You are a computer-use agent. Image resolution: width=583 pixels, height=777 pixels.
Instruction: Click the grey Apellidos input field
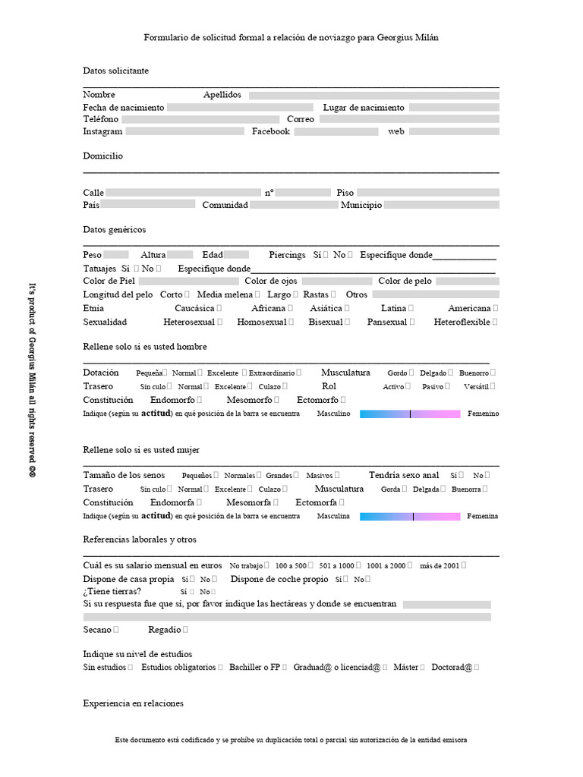(373, 96)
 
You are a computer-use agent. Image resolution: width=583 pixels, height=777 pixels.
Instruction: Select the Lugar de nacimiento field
(454, 108)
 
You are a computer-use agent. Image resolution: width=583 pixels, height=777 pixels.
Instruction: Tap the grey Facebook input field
(336, 132)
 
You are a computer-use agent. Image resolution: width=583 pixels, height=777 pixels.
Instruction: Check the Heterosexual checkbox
(220, 322)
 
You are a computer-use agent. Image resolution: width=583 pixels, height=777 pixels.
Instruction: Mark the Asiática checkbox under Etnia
(347, 309)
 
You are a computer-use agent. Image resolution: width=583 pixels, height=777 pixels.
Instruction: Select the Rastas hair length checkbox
(332, 294)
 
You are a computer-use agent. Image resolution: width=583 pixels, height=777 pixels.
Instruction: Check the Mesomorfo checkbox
(277, 400)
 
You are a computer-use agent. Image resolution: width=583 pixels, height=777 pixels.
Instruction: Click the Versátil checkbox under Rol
(493, 387)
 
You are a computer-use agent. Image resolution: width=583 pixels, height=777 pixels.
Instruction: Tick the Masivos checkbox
(337, 476)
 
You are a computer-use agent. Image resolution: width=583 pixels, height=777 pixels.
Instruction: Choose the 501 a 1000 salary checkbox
(358, 566)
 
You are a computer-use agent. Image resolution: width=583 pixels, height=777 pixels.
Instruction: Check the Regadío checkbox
(186, 630)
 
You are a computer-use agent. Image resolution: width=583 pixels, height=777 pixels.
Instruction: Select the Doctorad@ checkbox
(476, 668)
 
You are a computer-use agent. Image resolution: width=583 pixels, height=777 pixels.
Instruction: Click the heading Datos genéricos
(114, 229)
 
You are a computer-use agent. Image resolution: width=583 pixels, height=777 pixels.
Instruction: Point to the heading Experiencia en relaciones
(133, 703)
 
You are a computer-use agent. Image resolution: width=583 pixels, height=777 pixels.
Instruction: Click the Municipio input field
(441, 205)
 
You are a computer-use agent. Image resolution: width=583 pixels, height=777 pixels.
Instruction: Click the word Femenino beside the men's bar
(484, 414)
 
